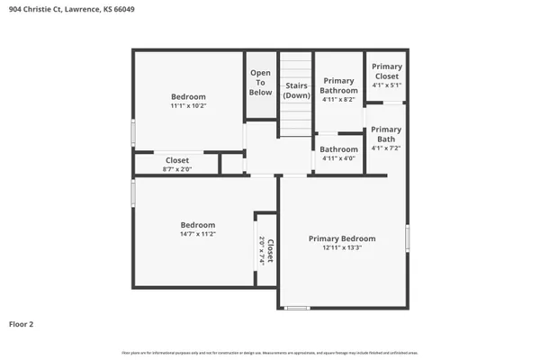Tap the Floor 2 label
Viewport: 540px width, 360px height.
(x=22, y=323)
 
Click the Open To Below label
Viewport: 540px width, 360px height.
(x=260, y=83)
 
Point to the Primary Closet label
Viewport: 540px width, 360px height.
(x=387, y=71)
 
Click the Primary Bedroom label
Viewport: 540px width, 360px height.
(x=342, y=238)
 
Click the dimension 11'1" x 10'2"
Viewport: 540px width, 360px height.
(x=189, y=105)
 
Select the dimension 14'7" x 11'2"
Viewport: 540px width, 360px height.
(x=198, y=233)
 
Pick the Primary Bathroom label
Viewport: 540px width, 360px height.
(x=339, y=85)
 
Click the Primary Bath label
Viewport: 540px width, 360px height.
(x=386, y=134)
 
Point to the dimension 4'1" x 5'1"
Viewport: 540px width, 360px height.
(x=387, y=85)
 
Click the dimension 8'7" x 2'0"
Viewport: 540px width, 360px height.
(x=176, y=168)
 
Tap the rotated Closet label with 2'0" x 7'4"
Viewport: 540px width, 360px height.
(x=266, y=249)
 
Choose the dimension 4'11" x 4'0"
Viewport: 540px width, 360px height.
(x=339, y=159)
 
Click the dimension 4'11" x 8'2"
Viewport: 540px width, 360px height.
(x=339, y=99)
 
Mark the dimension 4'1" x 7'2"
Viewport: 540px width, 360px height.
(x=386, y=148)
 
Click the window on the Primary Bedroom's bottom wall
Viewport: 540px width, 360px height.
(x=297, y=309)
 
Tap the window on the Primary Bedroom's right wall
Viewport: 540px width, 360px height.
(x=407, y=238)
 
